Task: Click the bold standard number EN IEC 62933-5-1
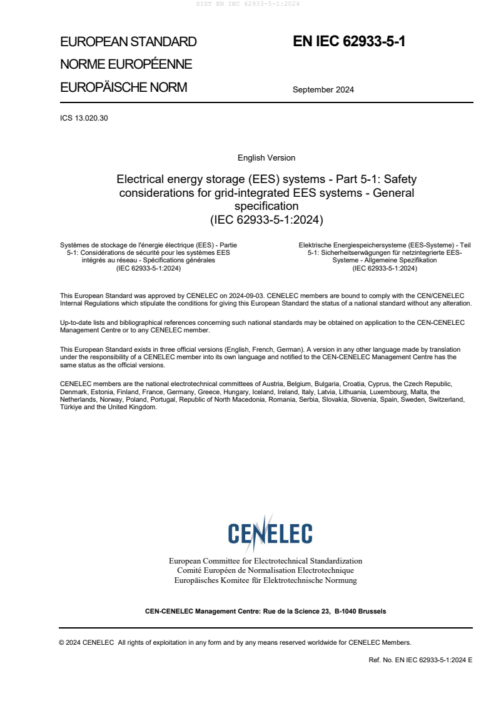349,42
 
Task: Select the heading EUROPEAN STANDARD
128,42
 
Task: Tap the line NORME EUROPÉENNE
126,64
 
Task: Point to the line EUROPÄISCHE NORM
123,87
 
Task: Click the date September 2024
323,89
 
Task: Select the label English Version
266,158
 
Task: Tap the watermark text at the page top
248,4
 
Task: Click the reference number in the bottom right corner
421,660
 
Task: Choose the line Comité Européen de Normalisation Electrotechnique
265,570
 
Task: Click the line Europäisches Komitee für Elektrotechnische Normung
265,580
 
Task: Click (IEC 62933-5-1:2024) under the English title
266,219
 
